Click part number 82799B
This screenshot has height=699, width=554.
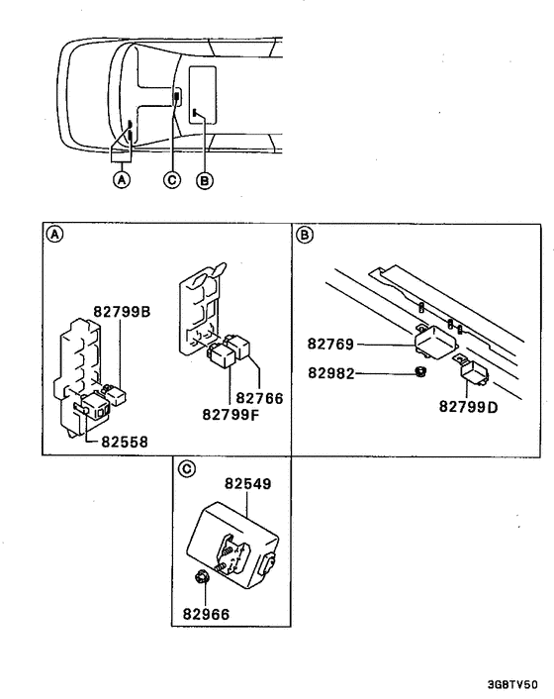click(122, 310)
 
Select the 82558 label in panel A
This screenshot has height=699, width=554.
click(125, 442)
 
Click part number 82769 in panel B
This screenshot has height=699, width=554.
click(331, 345)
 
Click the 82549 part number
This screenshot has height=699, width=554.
click(247, 484)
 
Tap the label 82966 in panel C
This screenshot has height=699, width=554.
click(205, 614)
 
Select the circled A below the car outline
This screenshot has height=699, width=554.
click(122, 180)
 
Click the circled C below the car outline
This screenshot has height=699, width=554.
click(172, 180)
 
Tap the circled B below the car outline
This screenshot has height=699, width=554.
click(205, 180)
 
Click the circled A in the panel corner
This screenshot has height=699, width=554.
click(55, 235)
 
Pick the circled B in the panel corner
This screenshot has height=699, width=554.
click(305, 235)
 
